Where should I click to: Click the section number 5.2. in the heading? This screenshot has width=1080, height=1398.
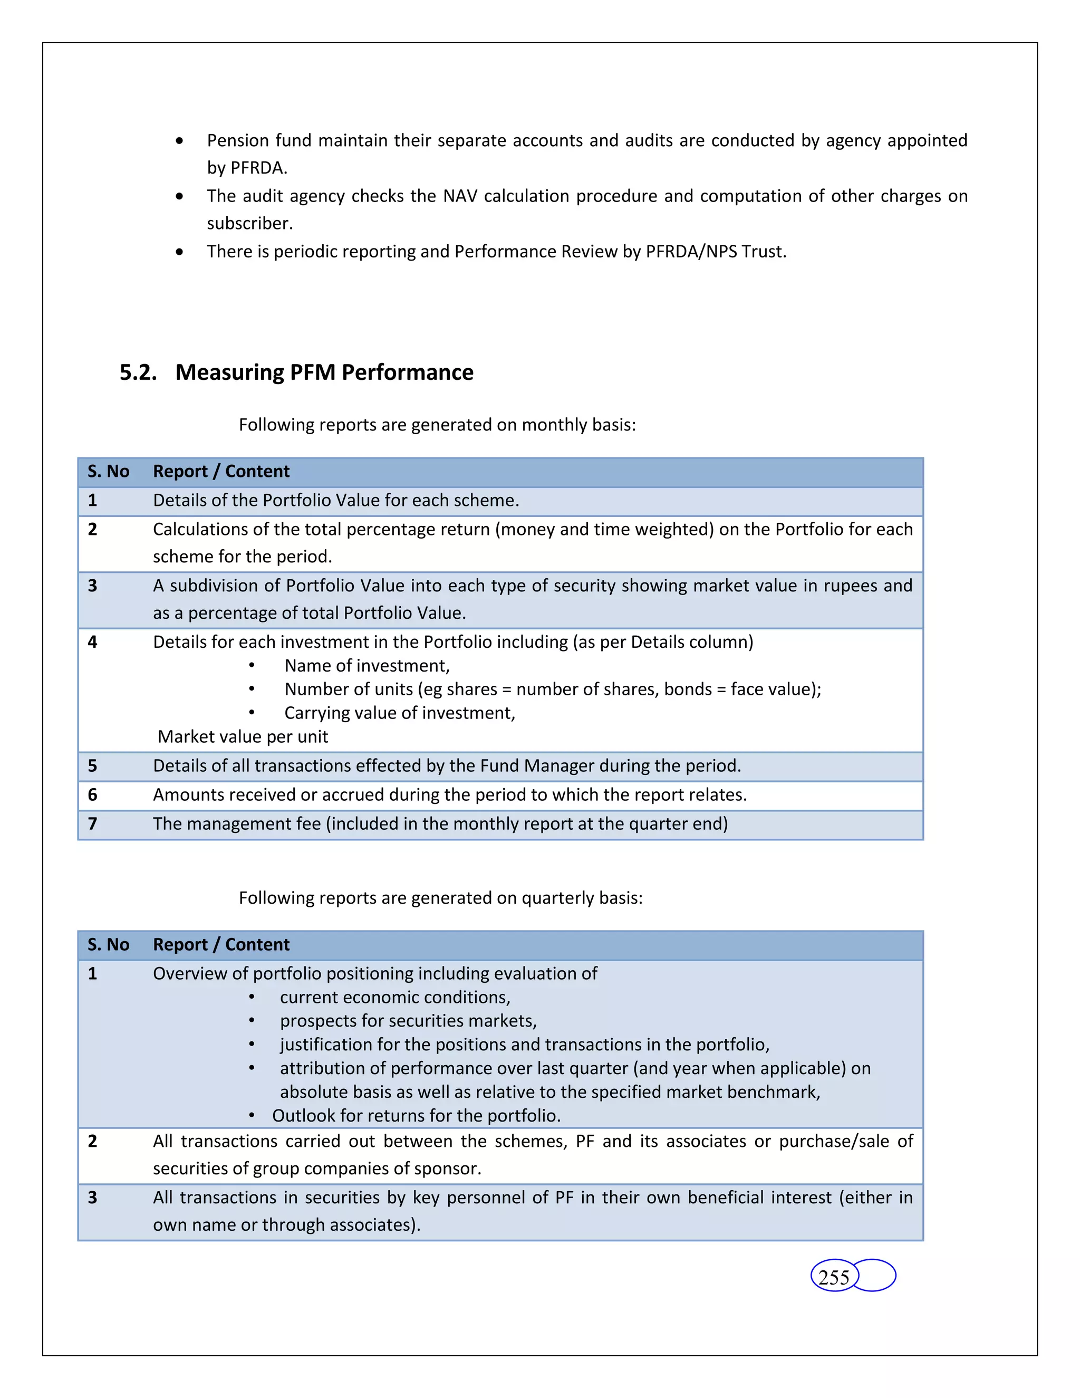[x=138, y=372]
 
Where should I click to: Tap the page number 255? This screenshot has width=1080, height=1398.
[x=833, y=1278]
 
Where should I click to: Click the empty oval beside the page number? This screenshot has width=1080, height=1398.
[x=875, y=1275]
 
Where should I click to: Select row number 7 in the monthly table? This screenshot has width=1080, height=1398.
[x=93, y=824]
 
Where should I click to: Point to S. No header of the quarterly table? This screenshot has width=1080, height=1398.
[x=108, y=945]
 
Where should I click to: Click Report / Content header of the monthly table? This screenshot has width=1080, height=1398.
[x=221, y=472]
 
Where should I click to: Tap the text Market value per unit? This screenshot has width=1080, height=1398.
[x=243, y=737]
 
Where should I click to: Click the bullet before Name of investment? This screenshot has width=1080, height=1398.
[x=252, y=666]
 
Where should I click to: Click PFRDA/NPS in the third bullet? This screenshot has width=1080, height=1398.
[x=691, y=252]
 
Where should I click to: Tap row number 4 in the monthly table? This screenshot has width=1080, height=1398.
[x=93, y=642]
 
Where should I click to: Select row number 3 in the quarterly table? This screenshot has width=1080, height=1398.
[x=93, y=1198]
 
